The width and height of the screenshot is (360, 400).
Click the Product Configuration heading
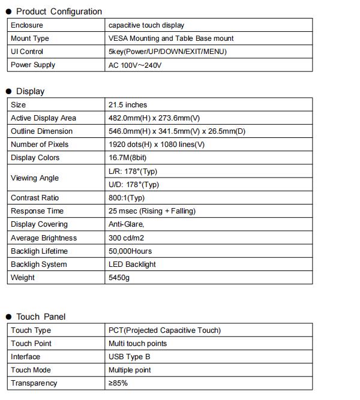click(59, 11)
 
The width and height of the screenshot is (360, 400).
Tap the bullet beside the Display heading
click(9, 92)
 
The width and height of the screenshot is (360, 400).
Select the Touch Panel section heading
click(41, 317)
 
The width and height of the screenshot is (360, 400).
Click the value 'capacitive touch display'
click(146, 25)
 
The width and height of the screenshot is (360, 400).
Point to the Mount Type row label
click(30, 38)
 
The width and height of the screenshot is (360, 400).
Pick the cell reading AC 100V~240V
click(135, 65)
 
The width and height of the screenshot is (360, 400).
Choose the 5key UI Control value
click(167, 52)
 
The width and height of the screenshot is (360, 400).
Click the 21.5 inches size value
click(128, 105)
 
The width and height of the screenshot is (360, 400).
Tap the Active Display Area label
click(43, 118)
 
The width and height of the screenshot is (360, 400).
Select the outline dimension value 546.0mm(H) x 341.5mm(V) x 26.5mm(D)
click(177, 131)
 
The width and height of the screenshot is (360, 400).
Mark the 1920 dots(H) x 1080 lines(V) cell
click(157, 145)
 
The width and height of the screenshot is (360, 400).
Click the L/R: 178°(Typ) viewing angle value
click(133, 172)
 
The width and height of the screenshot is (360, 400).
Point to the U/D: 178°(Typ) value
click(134, 185)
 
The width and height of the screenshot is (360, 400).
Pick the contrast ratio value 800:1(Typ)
click(127, 198)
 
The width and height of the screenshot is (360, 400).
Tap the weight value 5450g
click(119, 278)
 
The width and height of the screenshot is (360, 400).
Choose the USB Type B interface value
click(129, 357)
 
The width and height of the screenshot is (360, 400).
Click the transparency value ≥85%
click(118, 383)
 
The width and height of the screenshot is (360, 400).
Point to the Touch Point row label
click(31, 344)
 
